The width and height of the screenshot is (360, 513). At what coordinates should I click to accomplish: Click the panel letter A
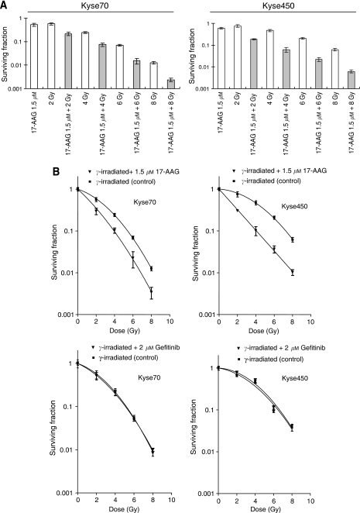[x=5, y=5]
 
